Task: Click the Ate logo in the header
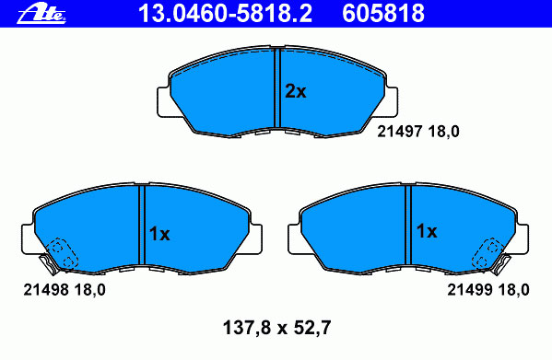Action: pyautogui.click(x=41, y=14)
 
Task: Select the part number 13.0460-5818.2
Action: pyautogui.click(x=225, y=14)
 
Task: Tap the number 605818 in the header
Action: pyautogui.click(x=383, y=14)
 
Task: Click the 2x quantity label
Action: pyautogui.click(x=296, y=91)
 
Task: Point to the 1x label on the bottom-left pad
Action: pyautogui.click(x=159, y=234)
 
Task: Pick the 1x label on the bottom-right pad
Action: pyautogui.click(x=427, y=231)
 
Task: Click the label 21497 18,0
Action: pyautogui.click(x=418, y=132)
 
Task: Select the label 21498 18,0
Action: pyautogui.click(x=65, y=290)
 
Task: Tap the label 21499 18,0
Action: pyautogui.click(x=488, y=290)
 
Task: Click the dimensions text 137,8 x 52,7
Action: pyautogui.click(x=276, y=328)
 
